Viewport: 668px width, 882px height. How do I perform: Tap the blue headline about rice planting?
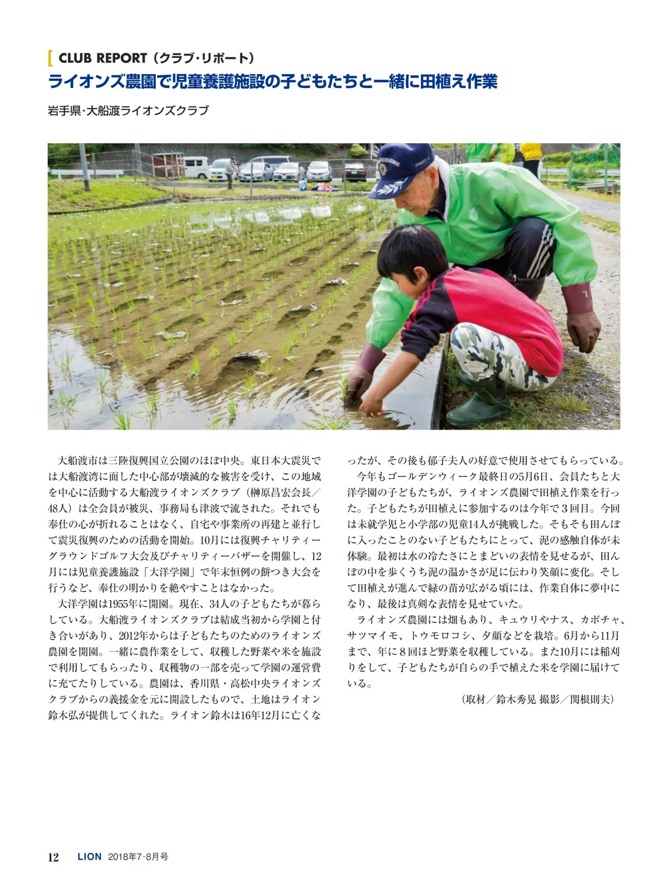click(272, 82)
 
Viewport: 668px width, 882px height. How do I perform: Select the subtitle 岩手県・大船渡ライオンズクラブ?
click(128, 110)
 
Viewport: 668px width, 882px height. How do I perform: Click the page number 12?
click(53, 857)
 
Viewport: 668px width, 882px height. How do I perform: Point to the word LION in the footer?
click(90, 857)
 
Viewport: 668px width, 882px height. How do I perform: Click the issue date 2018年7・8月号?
click(138, 857)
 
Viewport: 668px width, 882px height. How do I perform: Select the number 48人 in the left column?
click(58, 508)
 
